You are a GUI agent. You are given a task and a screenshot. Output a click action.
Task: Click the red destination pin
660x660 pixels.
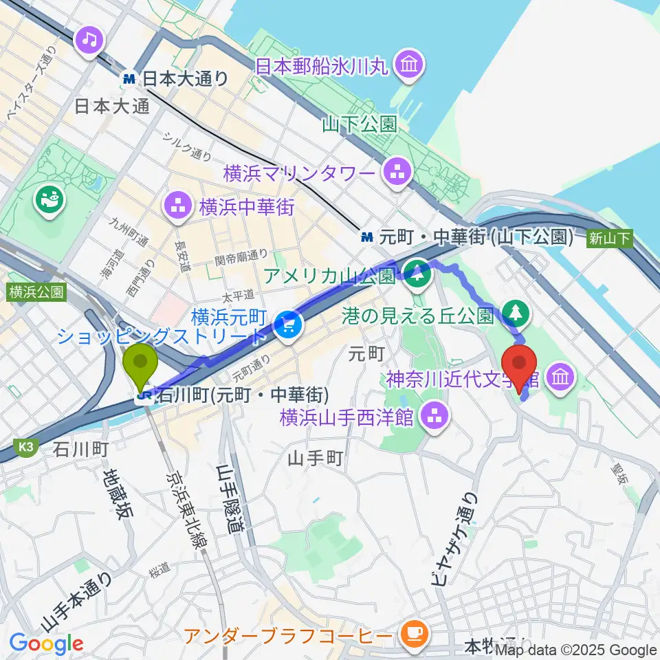(x=520, y=366)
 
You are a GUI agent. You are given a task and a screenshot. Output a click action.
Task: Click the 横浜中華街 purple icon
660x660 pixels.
(x=177, y=206)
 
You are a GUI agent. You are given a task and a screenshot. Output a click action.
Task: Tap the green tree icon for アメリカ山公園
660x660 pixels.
(x=417, y=276)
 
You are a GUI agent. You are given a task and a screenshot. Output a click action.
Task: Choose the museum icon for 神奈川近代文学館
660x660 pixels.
(x=559, y=376)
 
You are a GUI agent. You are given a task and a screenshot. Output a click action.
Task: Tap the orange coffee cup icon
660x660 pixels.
(x=413, y=633)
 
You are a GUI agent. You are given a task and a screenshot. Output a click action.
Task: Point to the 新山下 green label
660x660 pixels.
(x=609, y=239)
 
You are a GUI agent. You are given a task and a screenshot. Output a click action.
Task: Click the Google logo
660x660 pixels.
(x=46, y=643)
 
